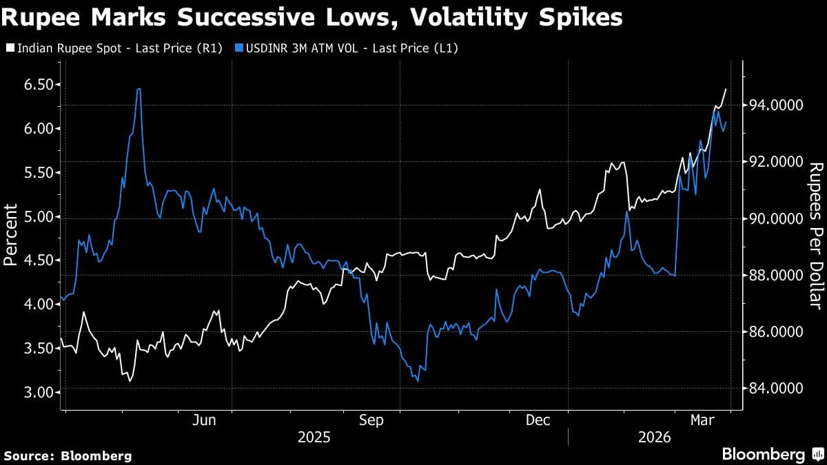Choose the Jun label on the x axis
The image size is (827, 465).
pos(205,420)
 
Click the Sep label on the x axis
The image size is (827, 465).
pos(371,420)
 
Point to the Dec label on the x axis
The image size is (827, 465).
pos(538,420)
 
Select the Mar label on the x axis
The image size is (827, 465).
pos(702,420)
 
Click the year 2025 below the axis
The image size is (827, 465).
pos(314,437)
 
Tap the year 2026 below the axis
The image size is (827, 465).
pos(655,437)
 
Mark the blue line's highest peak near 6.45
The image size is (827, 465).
pos(139,89)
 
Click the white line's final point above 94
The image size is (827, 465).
pos(726,89)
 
